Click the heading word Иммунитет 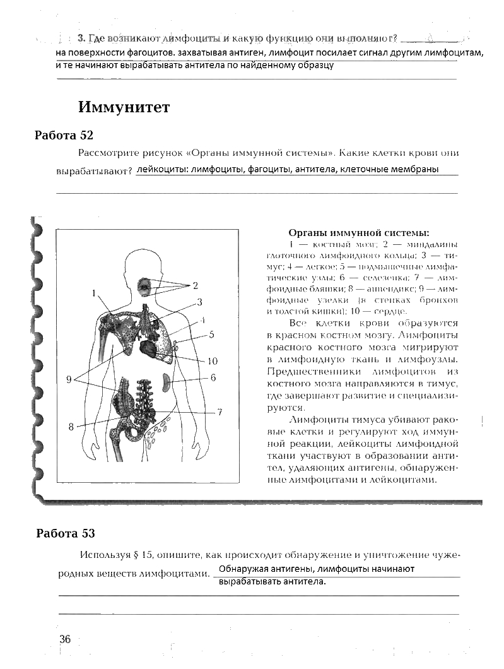tap(124, 107)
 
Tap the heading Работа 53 tap(66, 533)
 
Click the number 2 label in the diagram tap(196, 285)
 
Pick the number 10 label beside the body tap(212, 361)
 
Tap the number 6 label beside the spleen tap(213, 378)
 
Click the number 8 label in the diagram tap(71, 427)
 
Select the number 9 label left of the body tap(69, 379)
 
